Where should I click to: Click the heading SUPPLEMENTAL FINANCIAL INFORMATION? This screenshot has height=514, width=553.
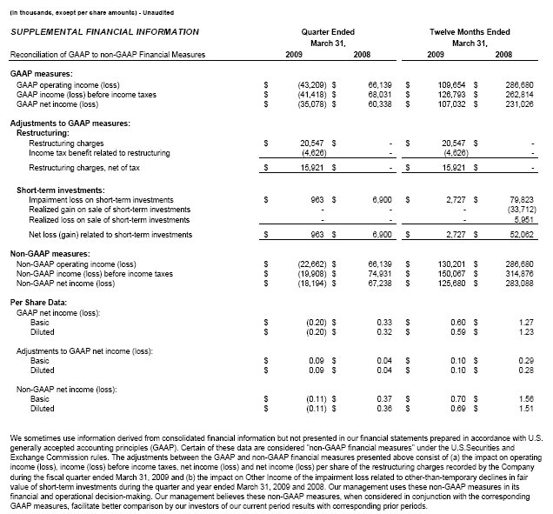[104, 32]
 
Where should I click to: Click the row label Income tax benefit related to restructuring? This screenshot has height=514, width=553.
[100, 152]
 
